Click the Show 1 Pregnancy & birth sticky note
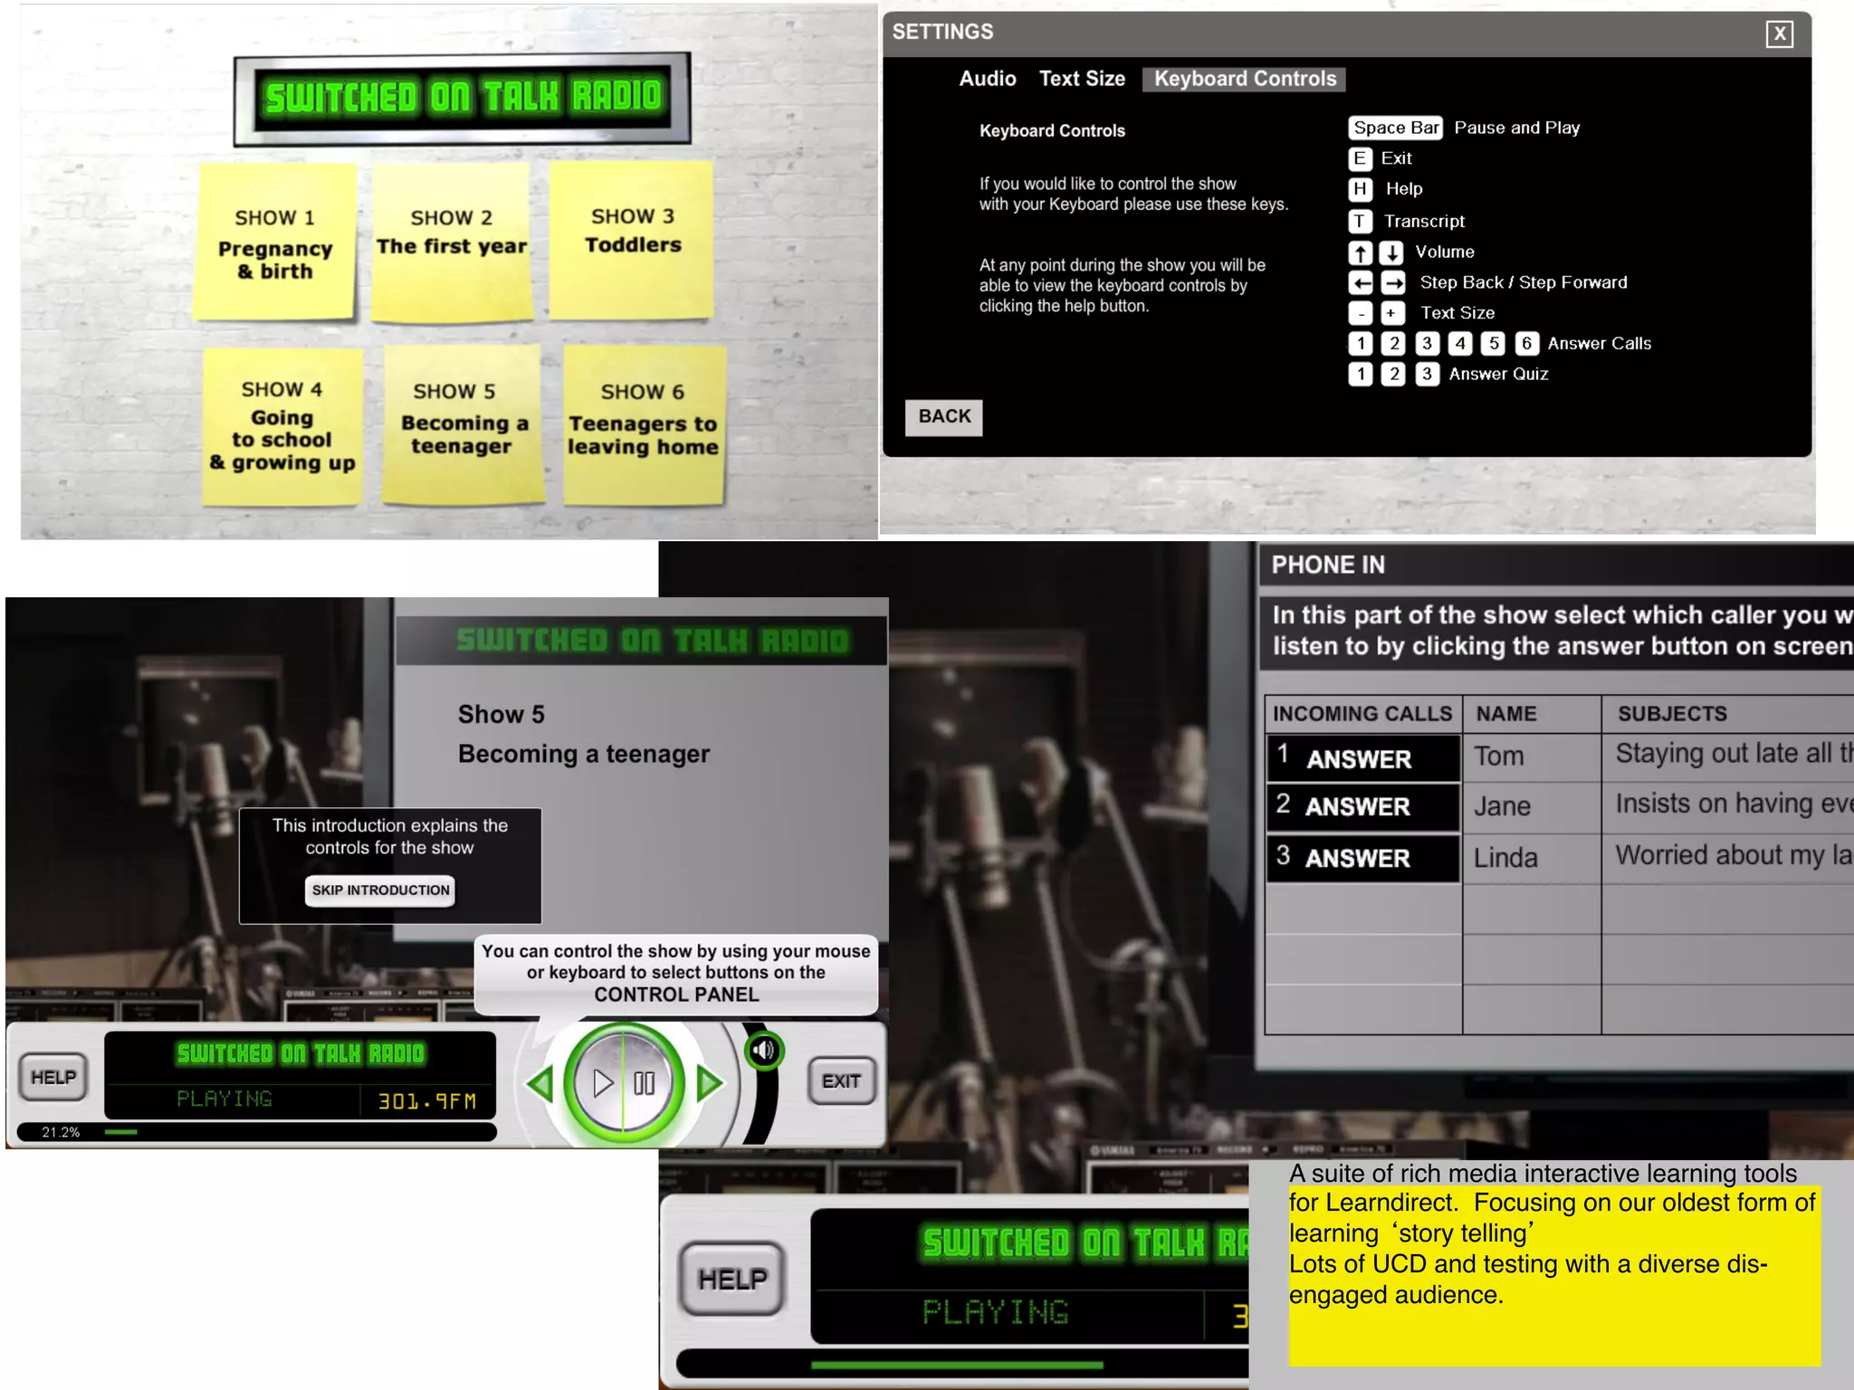275,243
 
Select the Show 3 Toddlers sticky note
632,239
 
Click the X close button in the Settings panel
1779,34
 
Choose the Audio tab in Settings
987,79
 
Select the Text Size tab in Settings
1082,79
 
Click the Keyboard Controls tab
1244,79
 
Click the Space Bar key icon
1394,128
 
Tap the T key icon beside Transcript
1360,221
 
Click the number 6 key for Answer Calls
1526,343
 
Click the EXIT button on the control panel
841,1081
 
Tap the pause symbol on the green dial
645,1083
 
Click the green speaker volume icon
764,1050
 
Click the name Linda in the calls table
1505,857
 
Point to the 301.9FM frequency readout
426,1100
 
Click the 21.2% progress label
61,1132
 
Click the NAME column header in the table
1505,714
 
